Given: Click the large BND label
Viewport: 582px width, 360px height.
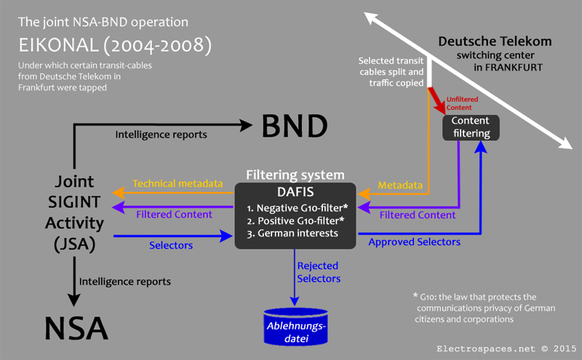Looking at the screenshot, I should click(x=294, y=126).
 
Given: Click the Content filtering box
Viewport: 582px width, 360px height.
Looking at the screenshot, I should click(x=471, y=127).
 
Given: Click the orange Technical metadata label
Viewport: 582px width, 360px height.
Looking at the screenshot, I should click(x=178, y=184).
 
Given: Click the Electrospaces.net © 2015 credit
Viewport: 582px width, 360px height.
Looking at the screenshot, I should click(x=502, y=348).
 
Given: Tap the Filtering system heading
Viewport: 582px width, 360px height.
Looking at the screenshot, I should click(x=295, y=175).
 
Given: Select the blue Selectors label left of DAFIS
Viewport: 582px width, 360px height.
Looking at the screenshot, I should click(x=171, y=245).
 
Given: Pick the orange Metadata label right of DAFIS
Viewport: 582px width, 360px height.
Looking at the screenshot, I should click(x=400, y=185).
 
